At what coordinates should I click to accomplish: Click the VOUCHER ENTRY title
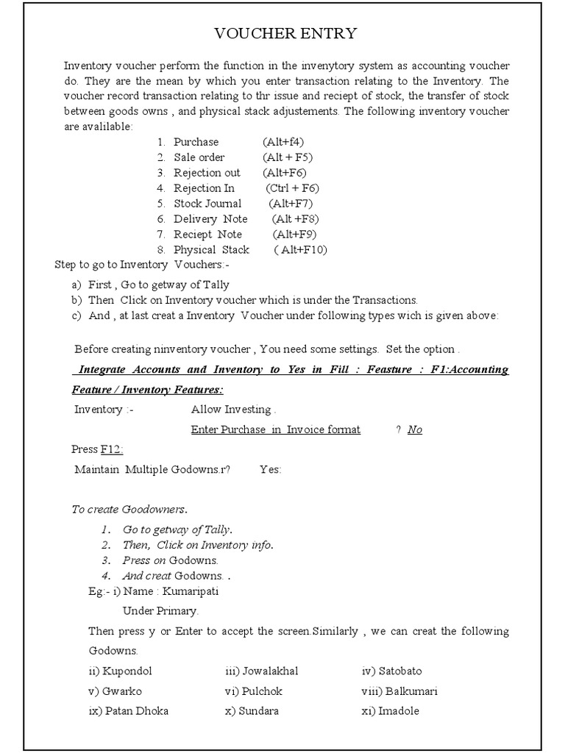(285, 33)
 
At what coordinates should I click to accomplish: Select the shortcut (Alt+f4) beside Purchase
(283, 142)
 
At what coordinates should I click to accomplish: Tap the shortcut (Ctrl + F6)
(293, 188)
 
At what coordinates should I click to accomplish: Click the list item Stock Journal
(207, 204)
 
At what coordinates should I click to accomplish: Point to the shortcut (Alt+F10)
(301, 250)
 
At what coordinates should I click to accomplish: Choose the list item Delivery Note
(210, 219)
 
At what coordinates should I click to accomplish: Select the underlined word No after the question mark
(415, 429)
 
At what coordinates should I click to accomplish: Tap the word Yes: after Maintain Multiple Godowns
(270, 469)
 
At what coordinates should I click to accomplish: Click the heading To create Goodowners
(129, 509)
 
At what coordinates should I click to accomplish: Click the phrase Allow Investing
(233, 410)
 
